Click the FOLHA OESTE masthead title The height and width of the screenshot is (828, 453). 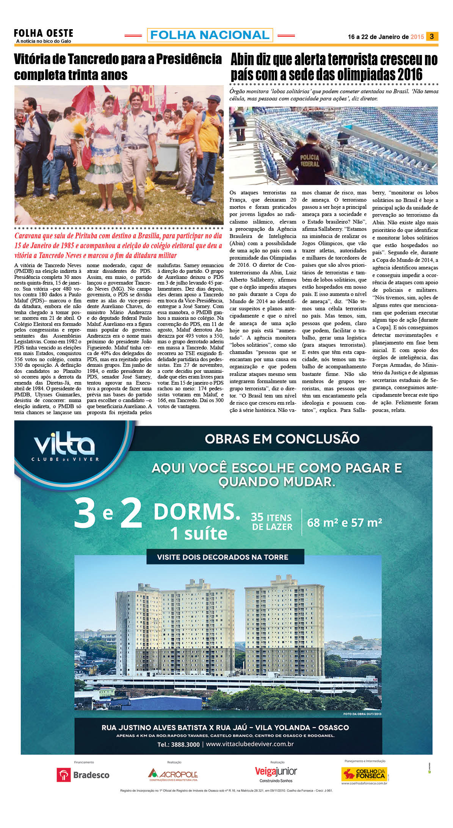tap(43, 33)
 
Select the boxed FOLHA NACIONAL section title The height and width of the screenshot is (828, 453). tap(210, 35)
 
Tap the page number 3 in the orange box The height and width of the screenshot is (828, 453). tap(432, 36)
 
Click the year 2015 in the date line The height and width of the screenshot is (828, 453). tap(417, 37)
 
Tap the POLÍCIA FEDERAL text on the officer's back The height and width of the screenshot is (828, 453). tap(309, 160)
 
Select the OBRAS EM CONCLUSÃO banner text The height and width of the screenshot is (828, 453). tap(282, 438)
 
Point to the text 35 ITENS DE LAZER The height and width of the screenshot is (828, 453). tap(272, 522)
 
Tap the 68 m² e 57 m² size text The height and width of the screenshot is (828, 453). tap(344, 523)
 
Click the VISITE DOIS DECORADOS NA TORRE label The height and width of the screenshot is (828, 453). tap(223, 557)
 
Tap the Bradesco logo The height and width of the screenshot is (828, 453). tap(83, 775)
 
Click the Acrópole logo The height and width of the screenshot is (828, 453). tap(173, 775)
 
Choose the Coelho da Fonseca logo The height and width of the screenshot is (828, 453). tap(364, 774)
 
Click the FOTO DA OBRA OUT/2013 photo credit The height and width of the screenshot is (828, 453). tap(362, 714)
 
